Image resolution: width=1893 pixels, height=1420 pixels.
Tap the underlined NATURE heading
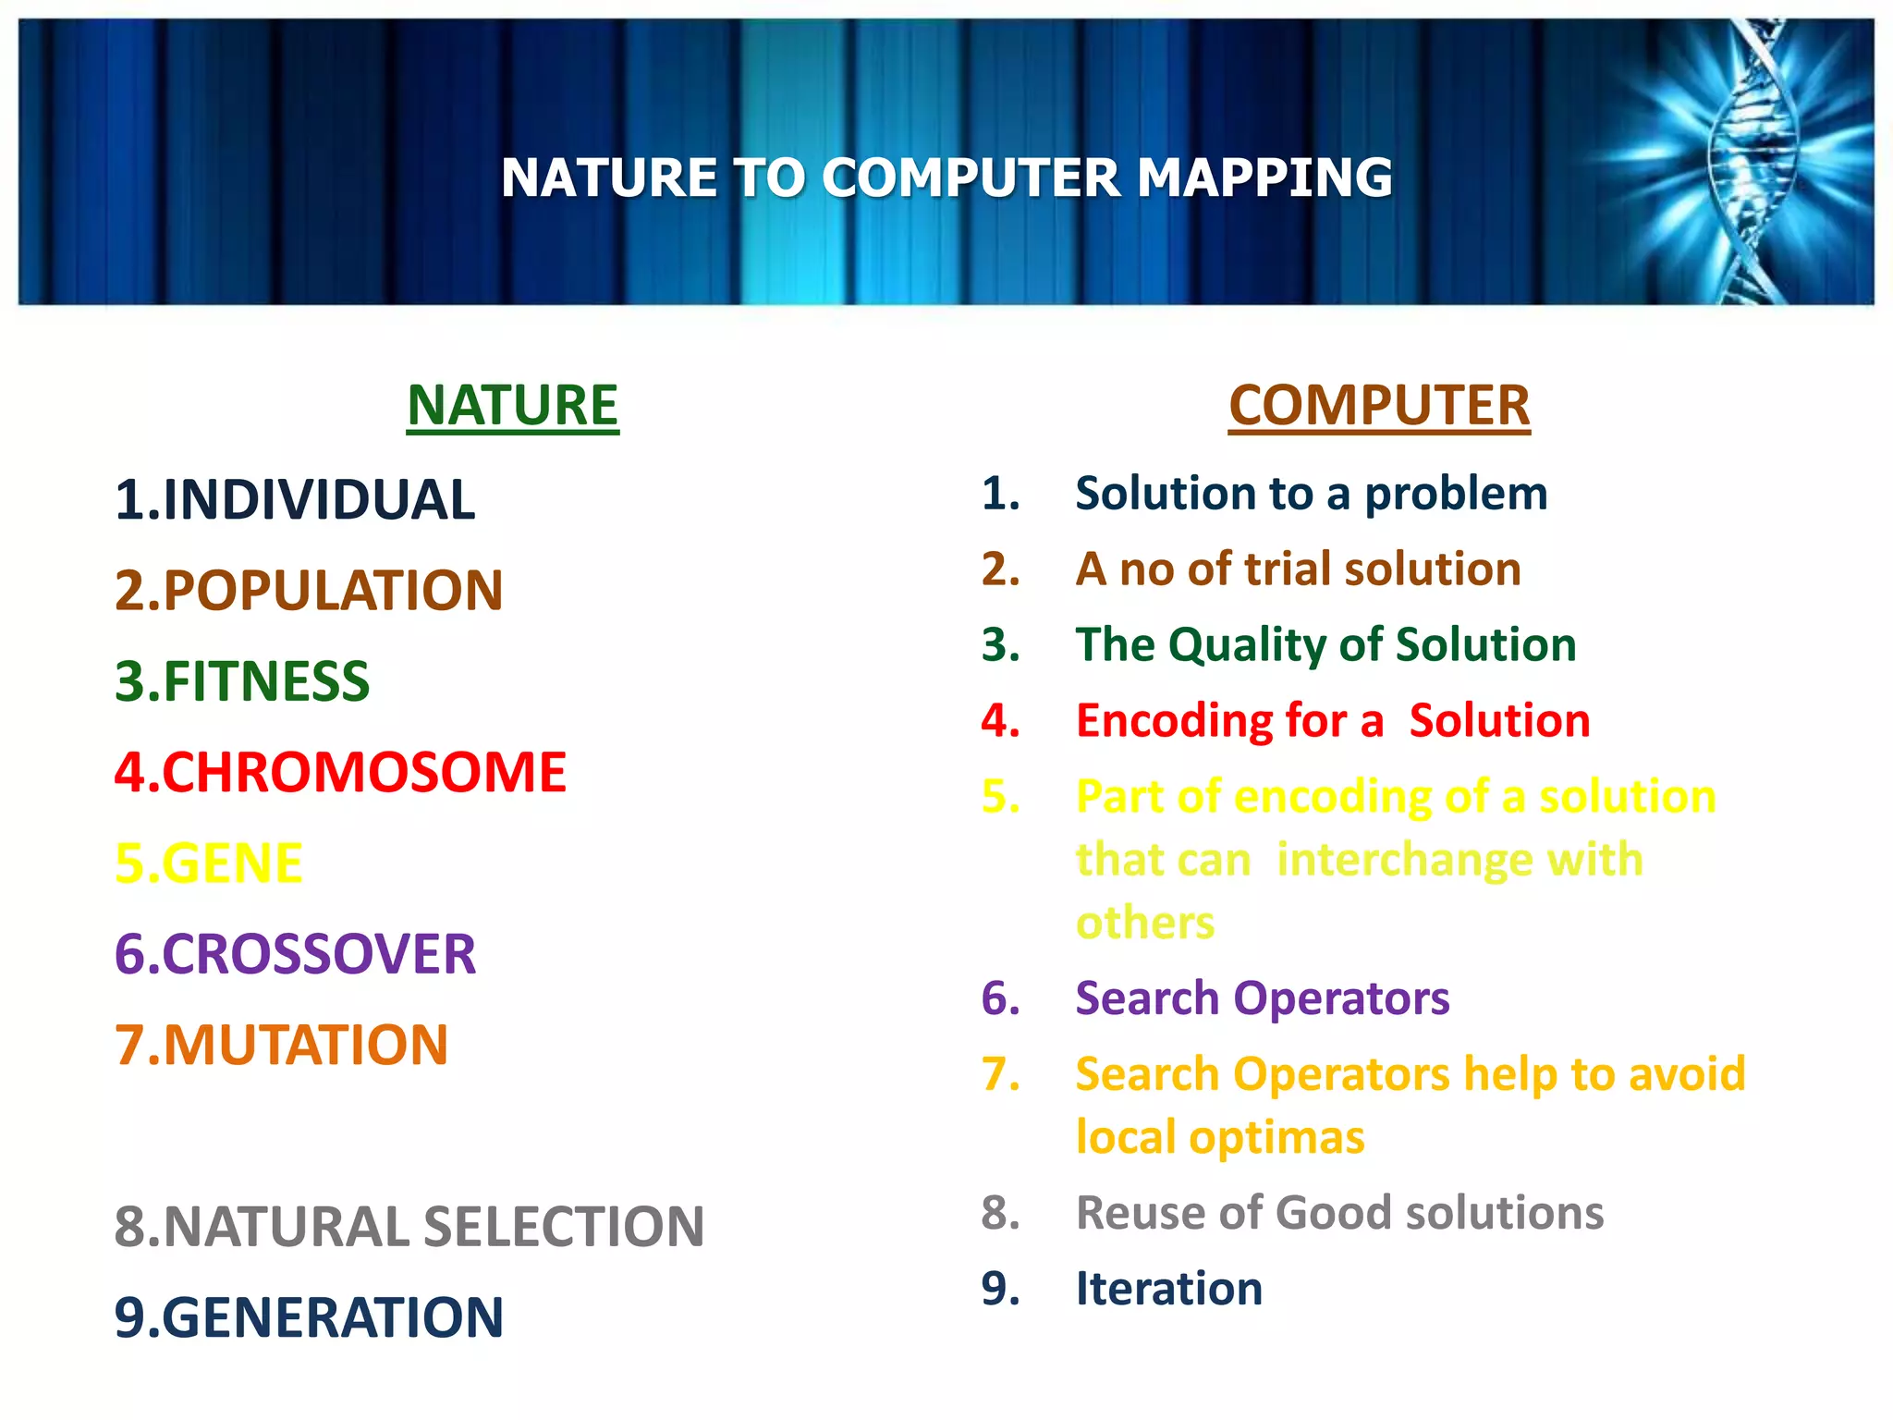(x=512, y=406)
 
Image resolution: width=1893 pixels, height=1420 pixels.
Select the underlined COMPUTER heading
(x=1379, y=406)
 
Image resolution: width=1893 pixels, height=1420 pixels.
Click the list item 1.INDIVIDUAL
(x=294, y=500)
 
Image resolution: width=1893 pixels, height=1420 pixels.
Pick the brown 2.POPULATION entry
(x=308, y=591)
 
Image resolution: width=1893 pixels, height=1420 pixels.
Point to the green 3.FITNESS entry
(x=241, y=681)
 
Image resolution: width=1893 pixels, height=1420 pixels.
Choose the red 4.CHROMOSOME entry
(x=339, y=773)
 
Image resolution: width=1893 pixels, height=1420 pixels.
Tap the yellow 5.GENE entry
(x=208, y=863)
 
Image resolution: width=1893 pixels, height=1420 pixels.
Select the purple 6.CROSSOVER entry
(x=294, y=954)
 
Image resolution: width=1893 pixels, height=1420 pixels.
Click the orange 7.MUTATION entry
(x=280, y=1045)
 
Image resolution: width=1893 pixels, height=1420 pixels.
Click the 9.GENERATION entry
(x=308, y=1317)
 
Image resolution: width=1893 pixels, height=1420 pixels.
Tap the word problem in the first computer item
(x=1456, y=494)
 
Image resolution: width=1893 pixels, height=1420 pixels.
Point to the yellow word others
(x=1144, y=923)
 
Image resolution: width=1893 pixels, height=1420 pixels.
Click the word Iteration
(x=1168, y=1289)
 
